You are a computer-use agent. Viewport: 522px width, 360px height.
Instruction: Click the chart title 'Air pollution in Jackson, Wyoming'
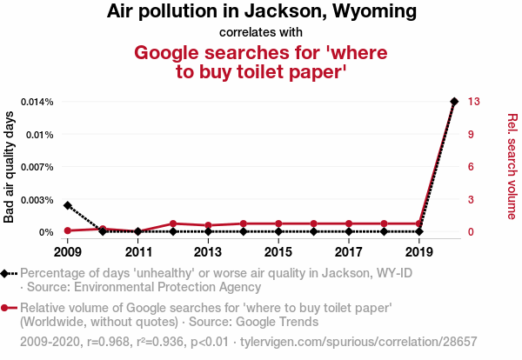click(x=261, y=12)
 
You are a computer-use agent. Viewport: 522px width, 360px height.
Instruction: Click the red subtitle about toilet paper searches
click(x=261, y=62)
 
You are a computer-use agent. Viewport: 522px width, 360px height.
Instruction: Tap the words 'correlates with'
click(x=261, y=33)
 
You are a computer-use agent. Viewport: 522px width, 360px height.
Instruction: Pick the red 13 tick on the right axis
click(x=473, y=102)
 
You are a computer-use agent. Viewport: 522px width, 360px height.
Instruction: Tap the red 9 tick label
click(x=471, y=135)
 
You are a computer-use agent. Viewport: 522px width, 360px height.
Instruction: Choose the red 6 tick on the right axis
click(x=471, y=167)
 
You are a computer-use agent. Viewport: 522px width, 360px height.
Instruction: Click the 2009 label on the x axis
click(x=68, y=252)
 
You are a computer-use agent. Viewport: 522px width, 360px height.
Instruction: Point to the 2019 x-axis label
click(x=418, y=252)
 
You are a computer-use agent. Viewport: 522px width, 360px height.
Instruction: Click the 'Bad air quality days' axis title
click(x=10, y=167)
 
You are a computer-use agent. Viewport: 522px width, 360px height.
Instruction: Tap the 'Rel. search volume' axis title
click(x=512, y=167)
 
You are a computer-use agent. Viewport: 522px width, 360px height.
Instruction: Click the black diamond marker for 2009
click(x=68, y=205)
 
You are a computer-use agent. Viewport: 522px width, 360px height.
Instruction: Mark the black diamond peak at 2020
click(x=453, y=102)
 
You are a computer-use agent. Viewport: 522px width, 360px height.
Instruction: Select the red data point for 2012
click(x=174, y=223)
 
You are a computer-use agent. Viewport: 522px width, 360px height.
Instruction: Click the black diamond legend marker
click(x=6, y=273)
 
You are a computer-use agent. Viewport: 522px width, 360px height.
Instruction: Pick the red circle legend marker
click(x=6, y=308)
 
